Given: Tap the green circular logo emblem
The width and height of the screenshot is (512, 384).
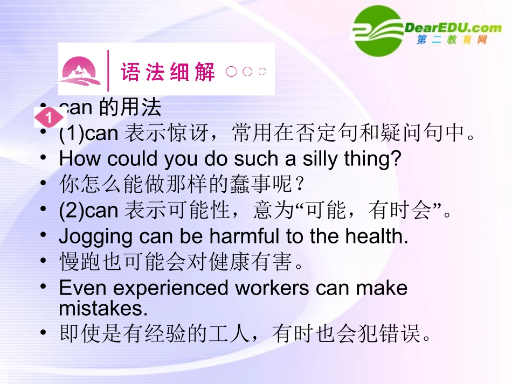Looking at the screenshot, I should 378,31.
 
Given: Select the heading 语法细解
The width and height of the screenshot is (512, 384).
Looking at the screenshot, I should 168,72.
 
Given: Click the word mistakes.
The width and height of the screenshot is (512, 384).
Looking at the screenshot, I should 102,309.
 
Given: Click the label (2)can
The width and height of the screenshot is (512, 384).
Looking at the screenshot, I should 88,211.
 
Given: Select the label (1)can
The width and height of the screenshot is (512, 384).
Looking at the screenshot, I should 88,133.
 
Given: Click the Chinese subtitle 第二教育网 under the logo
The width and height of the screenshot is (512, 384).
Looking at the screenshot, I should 452,40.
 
